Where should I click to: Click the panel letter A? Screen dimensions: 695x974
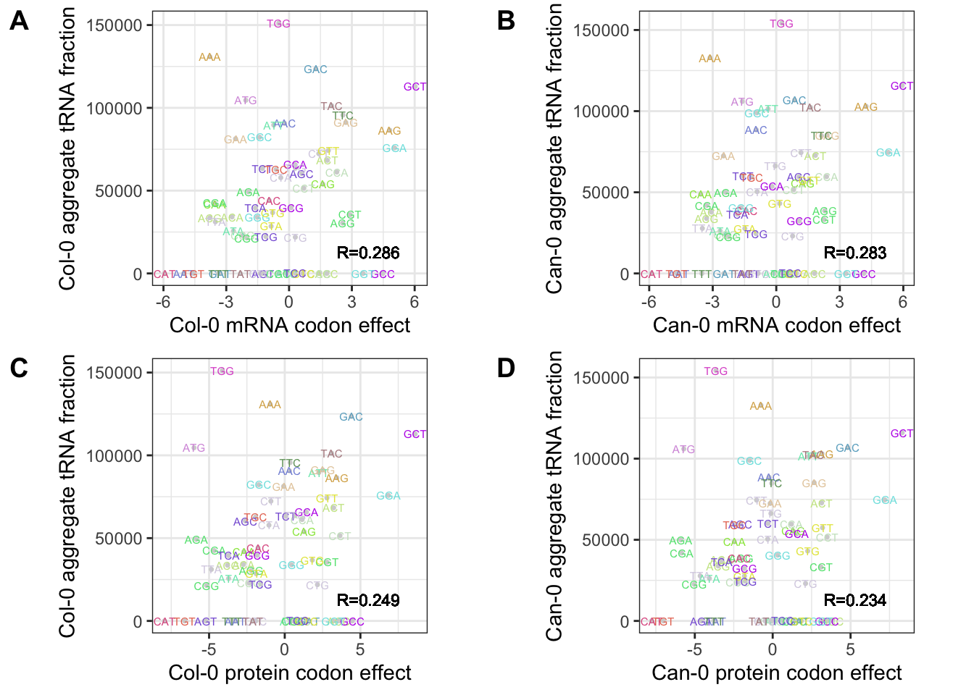[x=20, y=21]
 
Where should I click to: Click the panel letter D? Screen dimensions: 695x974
[x=506, y=368]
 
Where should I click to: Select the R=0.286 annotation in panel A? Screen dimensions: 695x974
[x=368, y=253]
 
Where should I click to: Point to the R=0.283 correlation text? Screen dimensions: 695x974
[x=855, y=253]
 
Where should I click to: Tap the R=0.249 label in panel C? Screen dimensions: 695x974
[x=368, y=600]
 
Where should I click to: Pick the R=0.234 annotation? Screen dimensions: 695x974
[x=855, y=600]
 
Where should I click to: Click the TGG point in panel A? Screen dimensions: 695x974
[x=278, y=24]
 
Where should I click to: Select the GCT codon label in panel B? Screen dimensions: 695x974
[x=902, y=86]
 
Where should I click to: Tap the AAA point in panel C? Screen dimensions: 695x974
[x=270, y=405]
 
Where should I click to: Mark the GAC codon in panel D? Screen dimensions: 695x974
[x=847, y=448]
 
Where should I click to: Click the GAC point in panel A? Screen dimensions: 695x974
[x=315, y=69]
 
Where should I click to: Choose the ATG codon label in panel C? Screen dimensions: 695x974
[x=193, y=448]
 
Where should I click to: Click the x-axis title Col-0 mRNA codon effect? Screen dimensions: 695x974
[x=290, y=325]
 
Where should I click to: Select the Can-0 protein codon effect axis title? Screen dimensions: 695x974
[x=777, y=673]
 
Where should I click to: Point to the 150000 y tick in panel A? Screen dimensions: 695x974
[x=114, y=25]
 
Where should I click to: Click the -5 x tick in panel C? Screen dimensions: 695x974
[x=209, y=649]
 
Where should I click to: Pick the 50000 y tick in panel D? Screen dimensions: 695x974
[x=601, y=540]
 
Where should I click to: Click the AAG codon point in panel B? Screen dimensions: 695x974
[x=865, y=107]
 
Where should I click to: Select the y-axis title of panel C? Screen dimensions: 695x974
[x=67, y=497]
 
